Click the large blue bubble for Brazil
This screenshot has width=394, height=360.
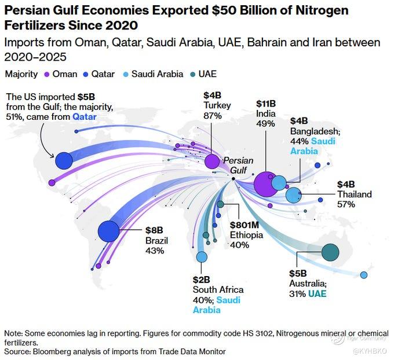(x=108, y=231)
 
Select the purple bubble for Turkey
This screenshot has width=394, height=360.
(x=212, y=161)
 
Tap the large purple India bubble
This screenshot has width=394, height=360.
(x=266, y=184)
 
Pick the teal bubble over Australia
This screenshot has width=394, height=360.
(x=330, y=252)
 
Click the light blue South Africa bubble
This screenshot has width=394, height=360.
(x=202, y=257)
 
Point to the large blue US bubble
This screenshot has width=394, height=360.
(x=64, y=160)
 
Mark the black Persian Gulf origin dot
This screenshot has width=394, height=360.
(x=233, y=179)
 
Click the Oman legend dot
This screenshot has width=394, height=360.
(x=46, y=75)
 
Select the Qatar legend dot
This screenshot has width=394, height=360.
(x=86, y=75)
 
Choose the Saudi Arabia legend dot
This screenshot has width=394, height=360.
(x=126, y=75)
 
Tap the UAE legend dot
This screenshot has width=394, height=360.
(x=193, y=75)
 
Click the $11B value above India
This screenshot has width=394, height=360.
(x=266, y=104)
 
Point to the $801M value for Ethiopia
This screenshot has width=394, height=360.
(x=245, y=225)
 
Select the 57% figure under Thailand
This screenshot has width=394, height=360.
(x=346, y=204)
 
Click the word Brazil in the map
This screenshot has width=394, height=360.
(x=156, y=241)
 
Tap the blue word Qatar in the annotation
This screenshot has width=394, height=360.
(x=85, y=117)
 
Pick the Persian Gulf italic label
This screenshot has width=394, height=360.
(x=238, y=165)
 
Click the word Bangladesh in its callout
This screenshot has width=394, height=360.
(x=315, y=131)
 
